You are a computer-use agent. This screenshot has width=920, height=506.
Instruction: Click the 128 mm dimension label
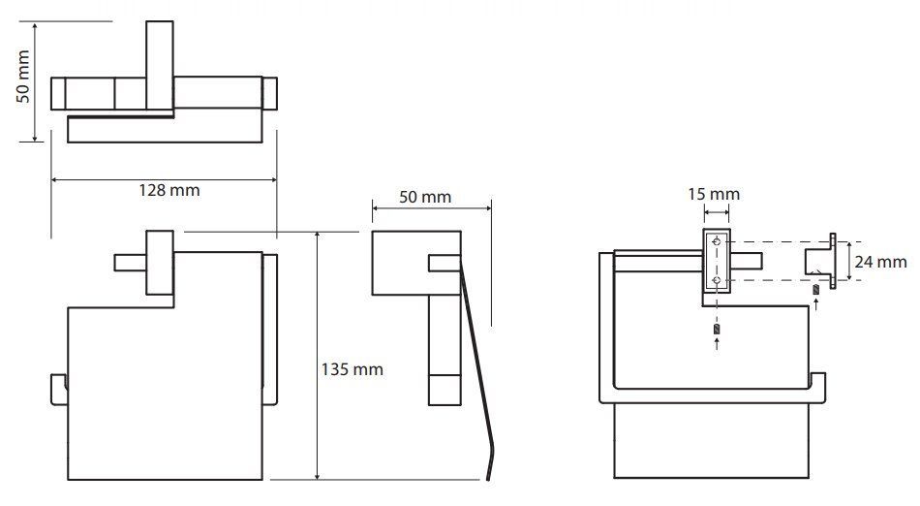[x=169, y=190]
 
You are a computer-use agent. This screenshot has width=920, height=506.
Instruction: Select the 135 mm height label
[x=353, y=369]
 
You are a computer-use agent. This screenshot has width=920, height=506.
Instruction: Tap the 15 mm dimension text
[x=714, y=194]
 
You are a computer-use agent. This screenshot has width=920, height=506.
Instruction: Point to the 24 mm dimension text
[x=880, y=261]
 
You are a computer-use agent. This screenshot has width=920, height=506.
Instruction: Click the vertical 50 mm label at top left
[x=23, y=77]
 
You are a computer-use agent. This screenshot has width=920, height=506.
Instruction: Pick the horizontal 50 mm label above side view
[x=425, y=197]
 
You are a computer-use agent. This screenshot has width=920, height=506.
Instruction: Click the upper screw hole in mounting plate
[x=717, y=241]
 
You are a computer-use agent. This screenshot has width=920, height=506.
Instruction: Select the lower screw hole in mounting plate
[x=717, y=280]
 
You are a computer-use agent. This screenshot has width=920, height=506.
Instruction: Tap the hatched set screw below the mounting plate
[x=717, y=329]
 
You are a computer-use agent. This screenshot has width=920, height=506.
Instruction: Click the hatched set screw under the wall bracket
[x=815, y=290]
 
